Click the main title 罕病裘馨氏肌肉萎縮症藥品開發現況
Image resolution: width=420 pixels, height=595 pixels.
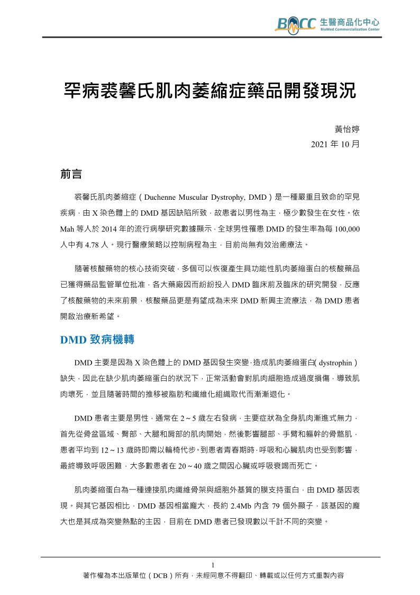coord(209,91)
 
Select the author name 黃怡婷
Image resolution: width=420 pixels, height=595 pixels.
coord(348,129)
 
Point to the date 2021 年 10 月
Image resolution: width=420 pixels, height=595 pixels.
coord(335,144)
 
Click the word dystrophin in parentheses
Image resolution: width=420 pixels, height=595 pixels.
coord(336,363)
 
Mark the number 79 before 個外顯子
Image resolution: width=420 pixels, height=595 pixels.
coord(276,507)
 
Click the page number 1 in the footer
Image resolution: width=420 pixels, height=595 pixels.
coord(212,565)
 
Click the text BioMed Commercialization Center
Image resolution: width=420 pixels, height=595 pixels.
coord(350,30)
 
